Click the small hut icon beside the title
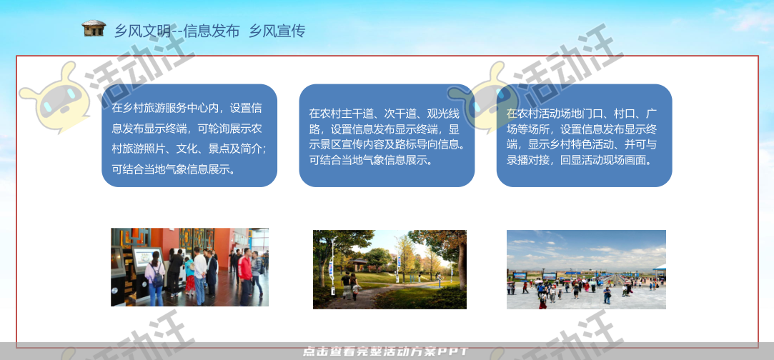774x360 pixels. point(94,29)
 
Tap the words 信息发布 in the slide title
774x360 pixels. point(212,31)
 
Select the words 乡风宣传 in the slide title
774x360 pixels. point(277,31)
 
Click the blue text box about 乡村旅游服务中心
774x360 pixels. point(189,136)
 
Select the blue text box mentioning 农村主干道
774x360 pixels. point(387,136)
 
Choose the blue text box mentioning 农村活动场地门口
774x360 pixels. point(584,136)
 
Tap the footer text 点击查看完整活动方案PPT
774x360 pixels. point(386,352)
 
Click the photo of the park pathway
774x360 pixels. point(390,269)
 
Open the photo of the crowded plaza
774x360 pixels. point(586,269)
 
